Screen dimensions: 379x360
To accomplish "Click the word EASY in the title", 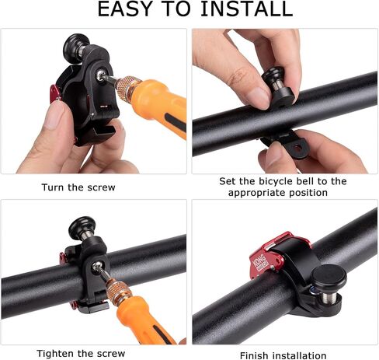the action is [x=124, y=9].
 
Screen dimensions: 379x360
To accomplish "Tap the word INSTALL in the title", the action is [x=247, y=9].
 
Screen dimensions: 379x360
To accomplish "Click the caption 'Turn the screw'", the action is [x=78, y=187].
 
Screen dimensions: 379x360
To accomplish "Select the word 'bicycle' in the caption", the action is [x=276, y=181].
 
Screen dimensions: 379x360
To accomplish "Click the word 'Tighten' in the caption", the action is [x=55, y=354].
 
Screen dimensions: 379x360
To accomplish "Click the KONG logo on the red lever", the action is [x=260, y=263].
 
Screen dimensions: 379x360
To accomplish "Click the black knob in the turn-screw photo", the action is [x=76, y=44].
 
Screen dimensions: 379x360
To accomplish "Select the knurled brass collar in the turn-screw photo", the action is [x=127, y=87].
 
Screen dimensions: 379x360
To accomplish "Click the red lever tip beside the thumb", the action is [x=55, y=93].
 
